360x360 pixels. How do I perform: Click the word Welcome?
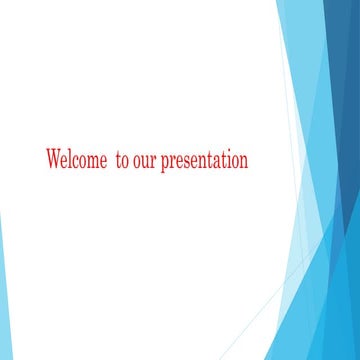(76, 160)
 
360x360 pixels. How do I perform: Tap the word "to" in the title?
(122, 161)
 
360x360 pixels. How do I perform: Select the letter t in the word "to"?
(118, 161)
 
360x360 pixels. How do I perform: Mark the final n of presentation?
(243, 162)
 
